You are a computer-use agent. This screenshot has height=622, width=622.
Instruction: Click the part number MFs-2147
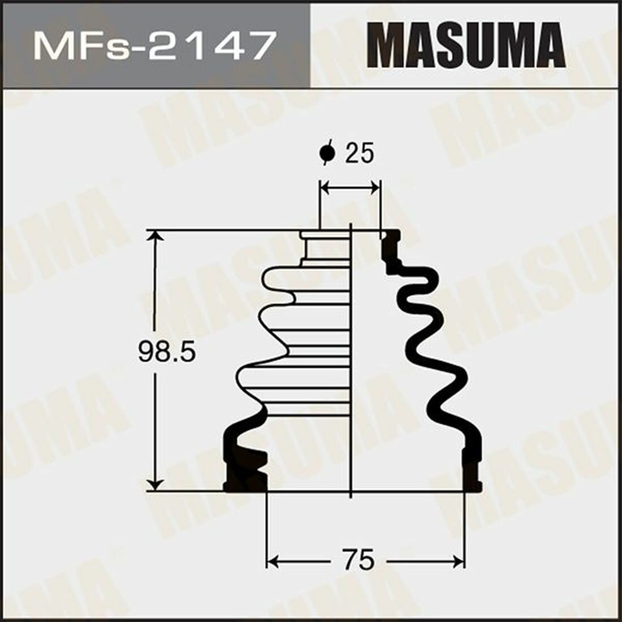point(154,45)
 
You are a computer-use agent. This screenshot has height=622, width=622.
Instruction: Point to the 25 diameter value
point(360,154)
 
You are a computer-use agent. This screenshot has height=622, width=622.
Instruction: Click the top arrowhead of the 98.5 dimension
point(155,236)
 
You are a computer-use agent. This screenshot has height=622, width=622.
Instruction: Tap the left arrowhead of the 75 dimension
point(273,561)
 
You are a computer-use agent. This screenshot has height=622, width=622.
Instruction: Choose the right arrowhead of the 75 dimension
point(458,561)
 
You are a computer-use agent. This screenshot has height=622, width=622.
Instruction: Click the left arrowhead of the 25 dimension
point(326,188)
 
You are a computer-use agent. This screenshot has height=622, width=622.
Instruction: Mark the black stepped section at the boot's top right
point(391,249)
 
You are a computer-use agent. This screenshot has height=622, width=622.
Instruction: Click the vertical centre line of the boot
point(352,362)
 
